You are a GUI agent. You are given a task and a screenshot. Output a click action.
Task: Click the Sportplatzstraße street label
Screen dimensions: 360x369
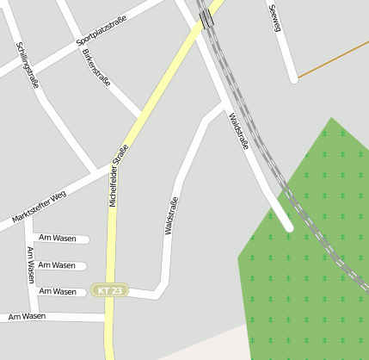pos(107,28)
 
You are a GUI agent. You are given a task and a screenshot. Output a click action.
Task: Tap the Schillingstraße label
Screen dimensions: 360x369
pos(28,65)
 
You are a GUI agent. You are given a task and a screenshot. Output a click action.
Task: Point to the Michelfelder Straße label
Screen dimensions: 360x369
pos(120,177)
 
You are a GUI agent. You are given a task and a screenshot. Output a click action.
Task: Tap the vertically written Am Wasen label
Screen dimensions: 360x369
pos(30,265)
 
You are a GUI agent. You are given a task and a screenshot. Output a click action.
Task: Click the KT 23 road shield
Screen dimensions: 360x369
pos(111,291)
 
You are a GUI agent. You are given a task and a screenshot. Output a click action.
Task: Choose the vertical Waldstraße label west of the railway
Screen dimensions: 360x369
pos(170,214)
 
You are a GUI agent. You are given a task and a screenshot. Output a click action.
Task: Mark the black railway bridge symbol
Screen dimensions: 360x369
pos(206,17)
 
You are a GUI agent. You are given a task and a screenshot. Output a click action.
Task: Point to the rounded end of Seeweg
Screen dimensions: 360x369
pos(294,79)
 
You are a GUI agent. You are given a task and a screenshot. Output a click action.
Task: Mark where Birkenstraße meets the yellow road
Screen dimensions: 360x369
pos(138,115)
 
